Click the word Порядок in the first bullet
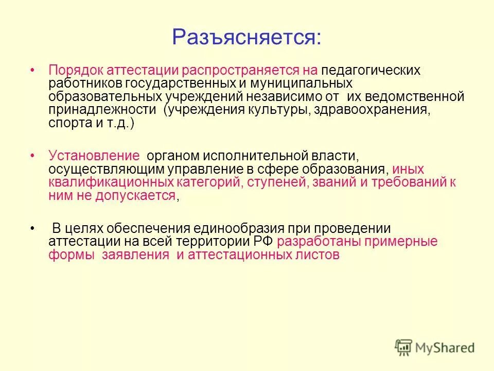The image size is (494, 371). tap(70, 70)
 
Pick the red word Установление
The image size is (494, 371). tap(94, 156)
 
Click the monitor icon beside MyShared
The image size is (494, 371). tap(404, 347)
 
